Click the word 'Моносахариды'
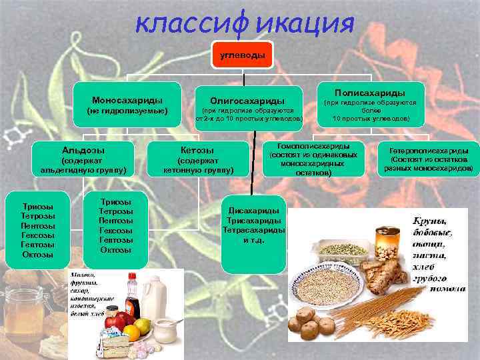(x=129, y=98)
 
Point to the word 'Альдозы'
(x=83, y=150)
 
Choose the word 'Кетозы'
(x=197, y=150)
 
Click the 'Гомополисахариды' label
(x=313, y=146)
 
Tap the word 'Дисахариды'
(x=253, y=209)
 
